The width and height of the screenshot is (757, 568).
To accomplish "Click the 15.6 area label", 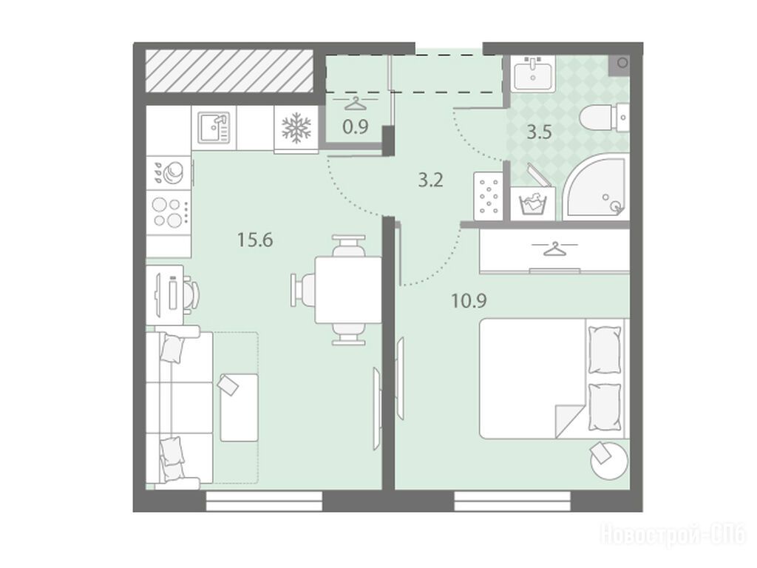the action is point(255,240).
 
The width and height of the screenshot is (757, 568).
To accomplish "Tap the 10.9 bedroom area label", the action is point(469,301).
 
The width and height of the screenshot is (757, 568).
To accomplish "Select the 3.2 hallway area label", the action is point(430,180).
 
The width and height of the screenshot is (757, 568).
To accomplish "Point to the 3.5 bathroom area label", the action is point(539,132).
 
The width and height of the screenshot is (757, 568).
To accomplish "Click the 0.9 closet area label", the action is point(356,127).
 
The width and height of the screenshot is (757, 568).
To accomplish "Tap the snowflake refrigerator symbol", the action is point(296,128).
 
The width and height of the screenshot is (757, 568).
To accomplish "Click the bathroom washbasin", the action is point(534,73).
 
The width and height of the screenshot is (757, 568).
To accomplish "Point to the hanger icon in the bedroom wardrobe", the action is point(554,248).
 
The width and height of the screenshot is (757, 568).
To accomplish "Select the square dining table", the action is point(348,290).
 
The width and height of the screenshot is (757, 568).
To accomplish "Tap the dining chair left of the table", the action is point(303,290).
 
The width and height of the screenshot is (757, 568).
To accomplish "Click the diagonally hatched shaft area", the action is point(230,72).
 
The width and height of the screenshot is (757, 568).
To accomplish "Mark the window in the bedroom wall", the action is point(512,501).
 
